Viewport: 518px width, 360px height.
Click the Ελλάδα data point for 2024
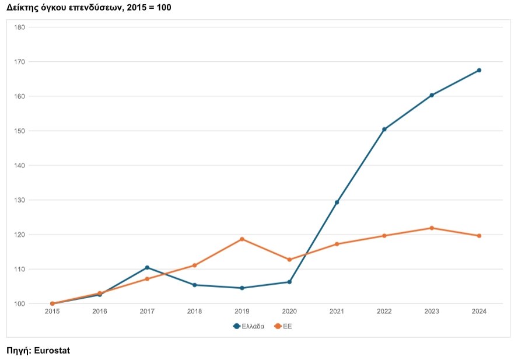[479, 70]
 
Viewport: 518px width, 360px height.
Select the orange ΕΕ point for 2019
[242, 239]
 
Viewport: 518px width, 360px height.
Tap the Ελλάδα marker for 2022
[384, 130]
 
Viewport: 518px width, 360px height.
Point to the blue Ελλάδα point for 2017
[147, 267]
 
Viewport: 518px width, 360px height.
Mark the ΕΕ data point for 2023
[432, 228]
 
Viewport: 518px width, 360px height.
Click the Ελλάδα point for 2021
[337, 202]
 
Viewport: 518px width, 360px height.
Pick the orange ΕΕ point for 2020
[289, 260]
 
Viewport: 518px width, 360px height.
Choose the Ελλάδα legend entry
[249, 326]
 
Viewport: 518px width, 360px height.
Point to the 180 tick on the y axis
[19, 27]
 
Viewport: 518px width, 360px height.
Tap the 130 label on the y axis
[19, 200]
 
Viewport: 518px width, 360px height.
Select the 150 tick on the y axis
[19, 131]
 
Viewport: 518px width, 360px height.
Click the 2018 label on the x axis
[194, 312]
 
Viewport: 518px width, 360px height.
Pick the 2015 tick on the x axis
[52, 312]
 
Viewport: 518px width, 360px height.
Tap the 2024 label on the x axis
[479, 312]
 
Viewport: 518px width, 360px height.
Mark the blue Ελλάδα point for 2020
[289, 282]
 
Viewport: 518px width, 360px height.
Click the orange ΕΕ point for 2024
[479, 236]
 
